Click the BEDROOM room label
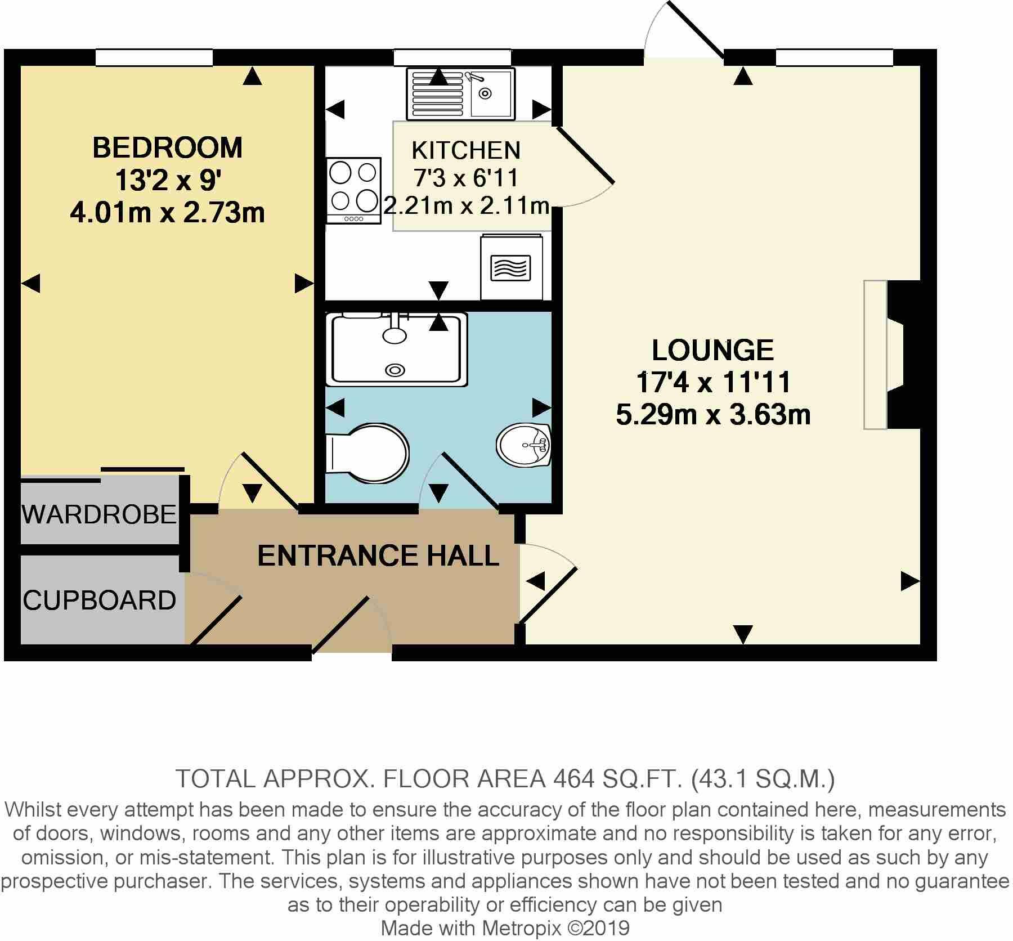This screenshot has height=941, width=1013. (x=167, y=147)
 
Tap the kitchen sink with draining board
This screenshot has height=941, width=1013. (x=460, y=94)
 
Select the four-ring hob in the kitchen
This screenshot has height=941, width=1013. (x=353, y=190)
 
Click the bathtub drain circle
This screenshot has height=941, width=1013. (x=395, y=370)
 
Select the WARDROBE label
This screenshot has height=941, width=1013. (x=100, y=514)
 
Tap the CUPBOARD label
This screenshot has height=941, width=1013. (x=100, y=601)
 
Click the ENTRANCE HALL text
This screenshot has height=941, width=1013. (x=378, y=555)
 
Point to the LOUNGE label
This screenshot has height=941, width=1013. (x=712, y=350)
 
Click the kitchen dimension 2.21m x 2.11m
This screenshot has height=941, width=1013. (x=467, y=207)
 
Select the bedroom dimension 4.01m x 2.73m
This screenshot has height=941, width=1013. (x=167, y=214)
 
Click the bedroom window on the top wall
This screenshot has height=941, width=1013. (x=154, y=57)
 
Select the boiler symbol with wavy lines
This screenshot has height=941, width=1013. (x=510, y=268)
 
